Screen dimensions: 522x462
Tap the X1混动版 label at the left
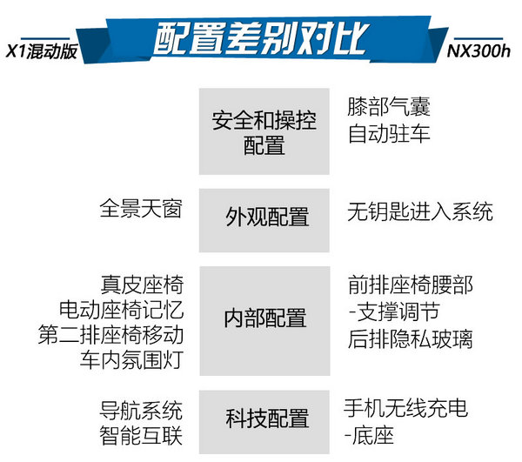tap(42, 51)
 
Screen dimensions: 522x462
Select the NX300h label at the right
tap(478, 51)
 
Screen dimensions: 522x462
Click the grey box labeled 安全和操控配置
tap(264, 131)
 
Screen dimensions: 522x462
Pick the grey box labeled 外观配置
tap(264, 220)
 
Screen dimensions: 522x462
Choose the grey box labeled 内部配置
tap(264, 321)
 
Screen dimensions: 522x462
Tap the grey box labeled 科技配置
tap(264, 422)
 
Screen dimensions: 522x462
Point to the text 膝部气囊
tap(389, 106)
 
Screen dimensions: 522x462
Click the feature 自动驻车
tap(389, 133)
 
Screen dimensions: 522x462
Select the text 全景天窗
tap(141, 208)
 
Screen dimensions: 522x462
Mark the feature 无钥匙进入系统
tap(420, 211)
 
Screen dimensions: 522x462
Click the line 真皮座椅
tap(142, 285)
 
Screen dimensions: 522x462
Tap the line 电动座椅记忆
tap(122, 310)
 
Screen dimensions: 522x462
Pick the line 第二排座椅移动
tap(110, 334)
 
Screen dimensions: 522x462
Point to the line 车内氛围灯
tap(132, 359)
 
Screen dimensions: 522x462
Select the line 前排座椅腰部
tap(411, 285)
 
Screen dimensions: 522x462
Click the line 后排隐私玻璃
tap(410, 338)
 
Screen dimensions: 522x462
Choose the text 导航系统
tap(141, 411)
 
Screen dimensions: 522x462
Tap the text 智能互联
tap(141, 435)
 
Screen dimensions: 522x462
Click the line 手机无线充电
tap(405, 408)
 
